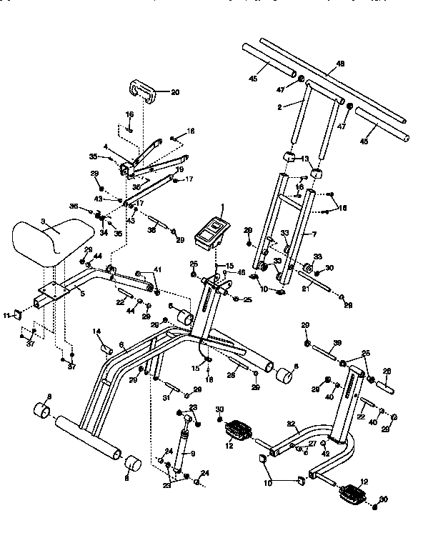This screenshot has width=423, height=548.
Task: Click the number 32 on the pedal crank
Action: click(292, 424)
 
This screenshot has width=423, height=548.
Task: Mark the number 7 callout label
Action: click(312, 234)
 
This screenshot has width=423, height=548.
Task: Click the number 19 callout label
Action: click(180, 169)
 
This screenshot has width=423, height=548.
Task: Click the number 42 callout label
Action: click(326, 453)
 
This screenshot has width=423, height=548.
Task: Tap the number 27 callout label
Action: click(312, 444)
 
